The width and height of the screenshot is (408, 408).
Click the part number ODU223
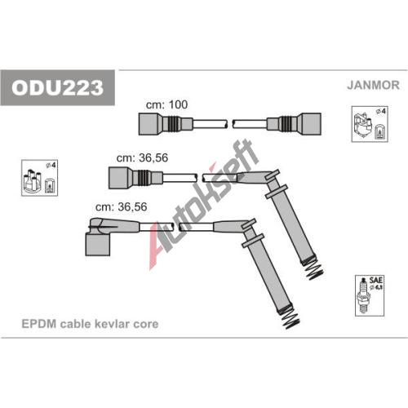(57, 87)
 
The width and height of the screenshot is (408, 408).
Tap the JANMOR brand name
(373, 85)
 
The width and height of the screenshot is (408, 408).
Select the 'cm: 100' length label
(166, 104)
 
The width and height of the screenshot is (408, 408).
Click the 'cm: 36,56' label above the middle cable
(142, 157)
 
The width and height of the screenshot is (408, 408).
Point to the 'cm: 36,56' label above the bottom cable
(122, 206)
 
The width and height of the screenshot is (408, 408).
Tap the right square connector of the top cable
(311, 124)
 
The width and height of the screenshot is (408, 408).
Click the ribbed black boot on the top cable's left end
(173, 124)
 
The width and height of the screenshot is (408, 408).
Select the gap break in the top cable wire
(230, 124)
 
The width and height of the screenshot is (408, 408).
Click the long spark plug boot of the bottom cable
(268, 272)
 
